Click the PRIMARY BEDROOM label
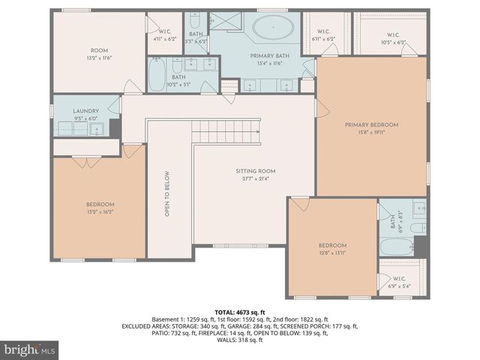[371, 124]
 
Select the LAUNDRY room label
[85, 111]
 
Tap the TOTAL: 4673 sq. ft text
[240, 311]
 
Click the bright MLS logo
[30, 349]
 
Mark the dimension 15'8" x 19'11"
[371, 133]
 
